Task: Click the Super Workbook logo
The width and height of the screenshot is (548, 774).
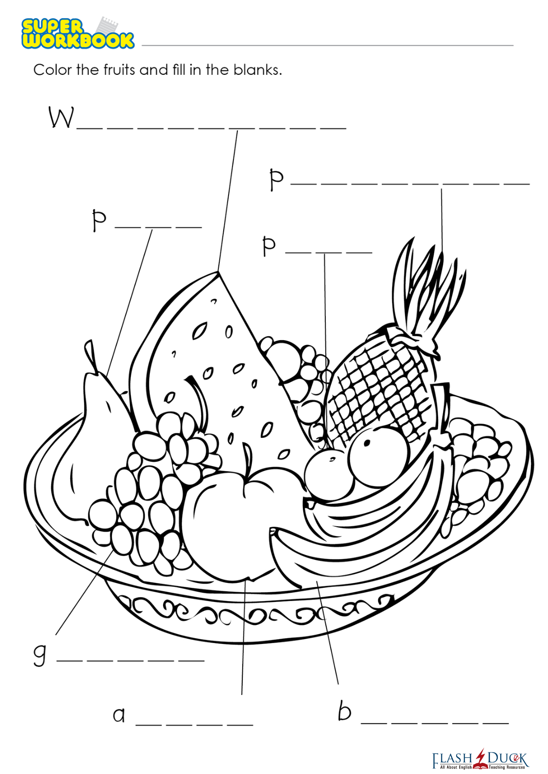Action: (x=77, y=33)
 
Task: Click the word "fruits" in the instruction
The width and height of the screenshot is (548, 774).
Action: (x=119, y=70)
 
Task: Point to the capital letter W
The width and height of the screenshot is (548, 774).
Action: (x=62, y=118)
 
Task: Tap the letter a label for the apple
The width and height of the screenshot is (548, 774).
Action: (x=119, y=715)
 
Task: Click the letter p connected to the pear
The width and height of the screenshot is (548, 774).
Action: (x=99, y=220)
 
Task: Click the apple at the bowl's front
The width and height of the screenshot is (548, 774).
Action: (x=225, y=528)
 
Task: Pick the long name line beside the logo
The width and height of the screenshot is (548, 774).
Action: (x=327, y=45)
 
